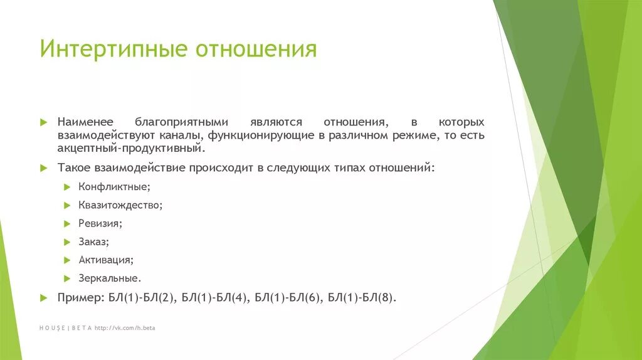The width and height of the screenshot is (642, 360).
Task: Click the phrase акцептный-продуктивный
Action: pos(131,149)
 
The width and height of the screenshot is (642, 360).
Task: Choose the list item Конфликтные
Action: pos(114,187)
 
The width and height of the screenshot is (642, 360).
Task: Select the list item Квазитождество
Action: pos(120,204)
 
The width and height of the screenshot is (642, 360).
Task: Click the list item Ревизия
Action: pos(100,223)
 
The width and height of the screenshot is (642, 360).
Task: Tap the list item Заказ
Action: pos(94,241)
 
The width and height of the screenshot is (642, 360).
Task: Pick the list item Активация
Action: pos(105,259)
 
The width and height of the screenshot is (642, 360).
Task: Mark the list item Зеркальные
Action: pos(110,277)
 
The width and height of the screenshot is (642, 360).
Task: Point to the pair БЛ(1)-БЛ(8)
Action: pos(362,297)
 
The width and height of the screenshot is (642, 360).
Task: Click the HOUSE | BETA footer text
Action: pos(65,327)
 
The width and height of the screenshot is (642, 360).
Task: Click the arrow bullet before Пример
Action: pos(43,297)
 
